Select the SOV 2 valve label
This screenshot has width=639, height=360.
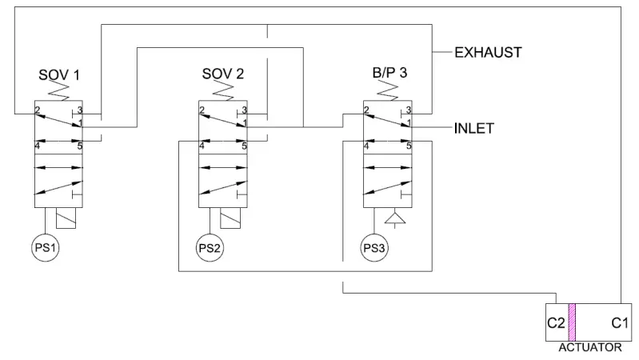click(x=223, y=75)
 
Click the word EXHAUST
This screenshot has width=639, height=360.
click(x=488, y=54)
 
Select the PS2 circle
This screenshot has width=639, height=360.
click(x=210, y=247)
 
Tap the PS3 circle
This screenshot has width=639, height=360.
click(x=373, y=247)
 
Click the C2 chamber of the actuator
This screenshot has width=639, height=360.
click(x=557, y=324)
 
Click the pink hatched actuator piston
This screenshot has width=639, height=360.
click(x=572, y=323)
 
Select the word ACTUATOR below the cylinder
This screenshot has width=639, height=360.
click(x=591, y=349)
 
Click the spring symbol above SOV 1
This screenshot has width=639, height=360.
click(x=60, y=94)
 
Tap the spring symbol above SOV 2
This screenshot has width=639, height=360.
click(x=223, y=94)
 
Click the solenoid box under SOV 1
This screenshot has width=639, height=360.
click(x=67, y=218)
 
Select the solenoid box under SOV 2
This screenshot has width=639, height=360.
click(x=231, y=218)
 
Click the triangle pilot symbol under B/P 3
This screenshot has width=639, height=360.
click(x=393, y=218)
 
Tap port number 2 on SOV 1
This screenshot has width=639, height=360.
click(x=38, y=110)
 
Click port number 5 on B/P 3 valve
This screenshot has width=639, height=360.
click(x=408, y=146)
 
